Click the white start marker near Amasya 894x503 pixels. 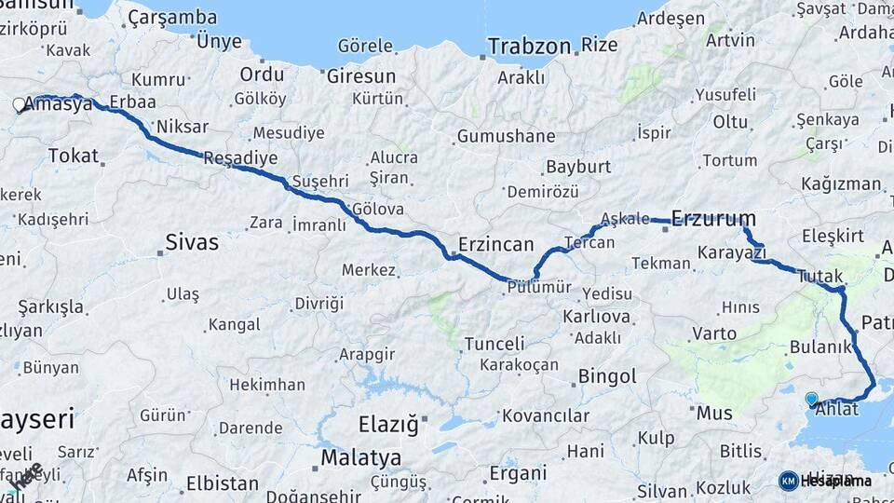pyautogui.click(x=19, y=106)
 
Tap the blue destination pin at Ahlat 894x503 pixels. pyautogui.click(x=811, y=399)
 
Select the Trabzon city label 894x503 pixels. pyautogui.click(x=529, y=46)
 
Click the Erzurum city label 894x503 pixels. pyautogui.click(x=713, y=219)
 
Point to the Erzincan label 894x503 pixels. pyautogui.click(x=494, y=245)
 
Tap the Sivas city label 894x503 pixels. pyautogui.click(x=192, y=242)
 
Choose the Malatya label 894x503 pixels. pyautogui.click(x=360, y=457)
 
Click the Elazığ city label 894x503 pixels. pyautogui.click(x=388, y=425)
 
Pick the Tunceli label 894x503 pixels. pyautogui.click(x=494, y=344)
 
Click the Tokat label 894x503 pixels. pyautogui.click(x=73, y=156)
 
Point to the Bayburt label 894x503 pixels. pyautogui.click(x=578, y=167)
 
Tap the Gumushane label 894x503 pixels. pyautogui.click(x=506, y=137)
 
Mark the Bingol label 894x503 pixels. pyautogui.click(x=607, y=377)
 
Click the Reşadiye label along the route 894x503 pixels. pyautogui.click(x=240, y=157)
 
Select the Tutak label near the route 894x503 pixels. pyautogui.click(x=819, y=276)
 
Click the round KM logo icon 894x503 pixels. pyautogui.click(x=789, y=481)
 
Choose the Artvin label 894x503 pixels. pyautogui.click(x=730, y=40)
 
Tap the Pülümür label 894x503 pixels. pyautogui.click(x=539, y=287)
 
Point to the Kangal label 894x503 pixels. pyautogui.click(x=234, y=324)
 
